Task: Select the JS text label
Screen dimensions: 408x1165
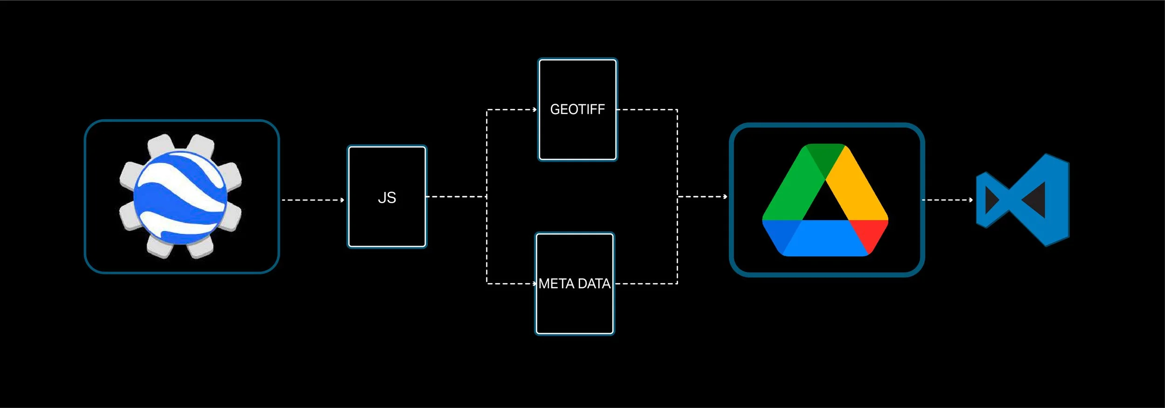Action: pyautogui.click(x=387, y=197)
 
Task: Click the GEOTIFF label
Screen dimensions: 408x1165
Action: pyautogui.click(x=577, y=109)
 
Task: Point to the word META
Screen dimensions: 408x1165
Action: pyautogui.click(x=556, y=284)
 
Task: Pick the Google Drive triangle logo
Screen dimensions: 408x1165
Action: pyautogui.click(x=825, y=200)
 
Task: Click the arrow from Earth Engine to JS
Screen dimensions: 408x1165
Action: pyautogui.click(x=313, y=200)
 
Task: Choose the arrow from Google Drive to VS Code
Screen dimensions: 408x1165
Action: pyautogui.click(x=947, y=200)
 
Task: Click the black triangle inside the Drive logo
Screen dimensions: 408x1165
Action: pyautogui.click(x=825, y=205)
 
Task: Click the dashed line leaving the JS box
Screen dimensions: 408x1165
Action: pyautogui.click(x=456, y=197)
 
